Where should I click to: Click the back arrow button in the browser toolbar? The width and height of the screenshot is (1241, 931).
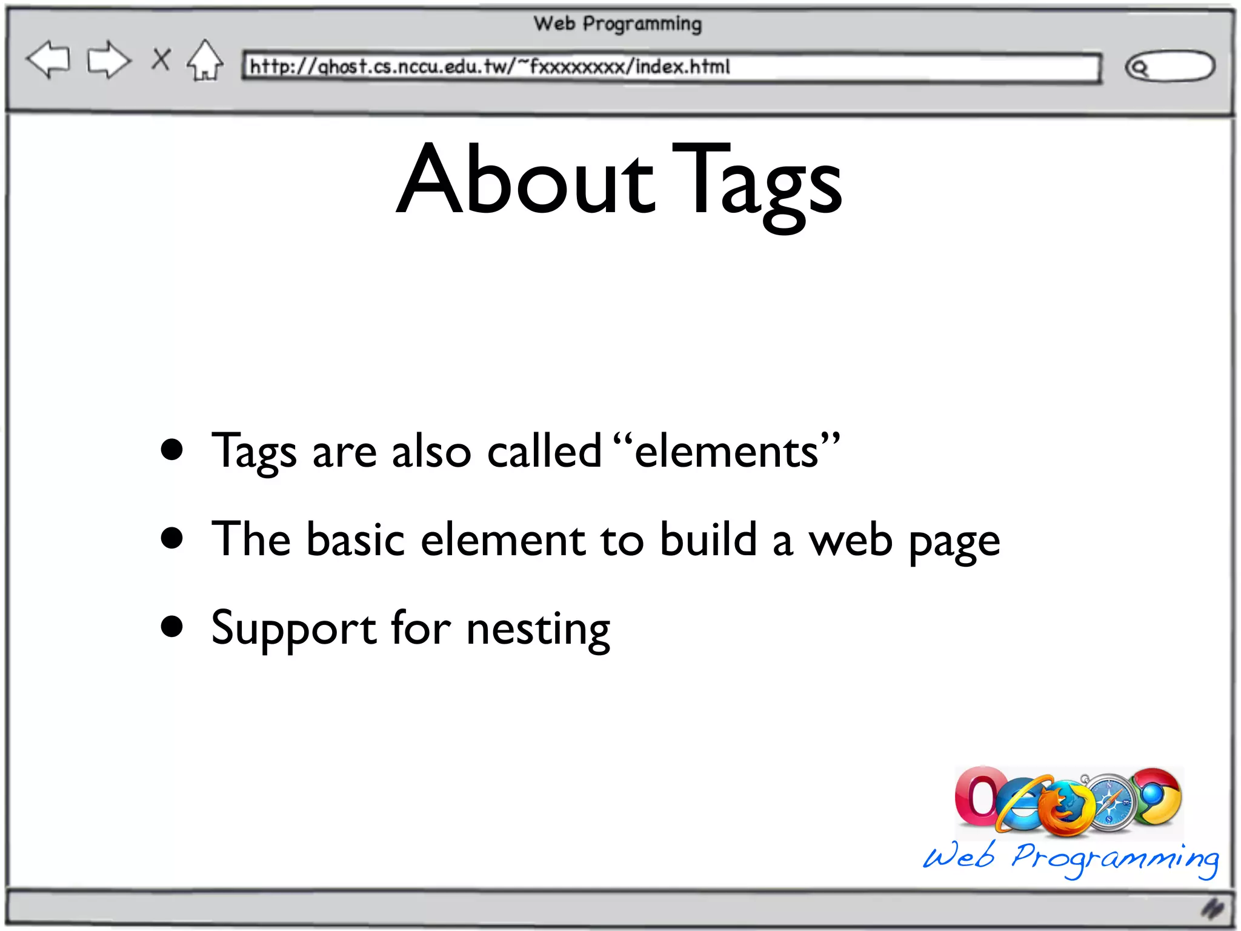pos(48,59)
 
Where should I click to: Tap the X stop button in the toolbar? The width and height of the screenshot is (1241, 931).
pos(161,59)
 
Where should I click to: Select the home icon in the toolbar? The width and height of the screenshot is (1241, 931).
pos(205,61)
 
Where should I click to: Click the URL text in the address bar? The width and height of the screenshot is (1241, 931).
pos(490,66)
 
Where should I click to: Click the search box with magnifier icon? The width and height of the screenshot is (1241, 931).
pos(1169,66)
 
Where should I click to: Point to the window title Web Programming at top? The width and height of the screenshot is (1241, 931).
pos(617,24)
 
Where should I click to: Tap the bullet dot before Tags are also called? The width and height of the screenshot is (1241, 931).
pos(172,450)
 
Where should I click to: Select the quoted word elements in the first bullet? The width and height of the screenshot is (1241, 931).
pos(727,452)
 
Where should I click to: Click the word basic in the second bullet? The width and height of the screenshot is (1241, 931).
pos(356,539)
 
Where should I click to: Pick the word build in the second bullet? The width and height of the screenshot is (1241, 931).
pos(708,539)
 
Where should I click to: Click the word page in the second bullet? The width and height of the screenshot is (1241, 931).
pos(954,541)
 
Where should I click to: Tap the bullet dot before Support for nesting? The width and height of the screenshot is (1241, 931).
pos(172,627)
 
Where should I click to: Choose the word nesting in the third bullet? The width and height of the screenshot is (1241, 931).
pos(538,629)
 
